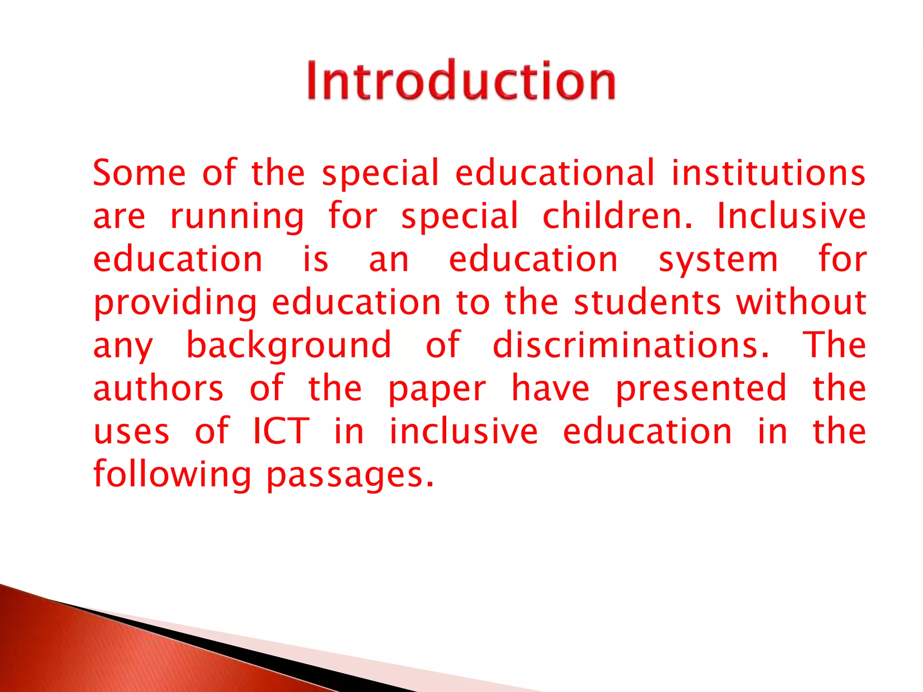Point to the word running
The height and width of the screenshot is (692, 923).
[237, 217]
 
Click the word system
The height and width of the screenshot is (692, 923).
[718, 260]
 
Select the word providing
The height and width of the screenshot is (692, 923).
[175, 304]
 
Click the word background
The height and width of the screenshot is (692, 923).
[288, 346]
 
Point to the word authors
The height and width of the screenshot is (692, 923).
[158, 388]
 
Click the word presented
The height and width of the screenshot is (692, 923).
[701, 389]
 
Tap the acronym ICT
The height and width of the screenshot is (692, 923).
[281, 431]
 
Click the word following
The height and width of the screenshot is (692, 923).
[172, 476]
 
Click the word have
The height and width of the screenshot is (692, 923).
[550, 388]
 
